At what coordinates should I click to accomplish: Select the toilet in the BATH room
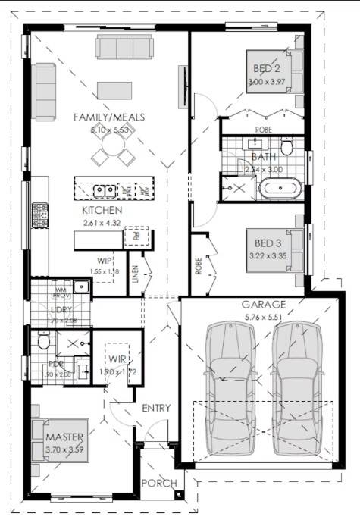pyautogui.click(x=287, y=145)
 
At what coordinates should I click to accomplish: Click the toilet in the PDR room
pyautogui.click(x=43, y=343)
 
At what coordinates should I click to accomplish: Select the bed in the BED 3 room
pyautogui.click(x=274, y=249)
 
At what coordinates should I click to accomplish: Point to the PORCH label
pyautogui.click(x=159, y=483)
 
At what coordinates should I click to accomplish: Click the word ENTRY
pyautogui.click(x=156, y=408)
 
